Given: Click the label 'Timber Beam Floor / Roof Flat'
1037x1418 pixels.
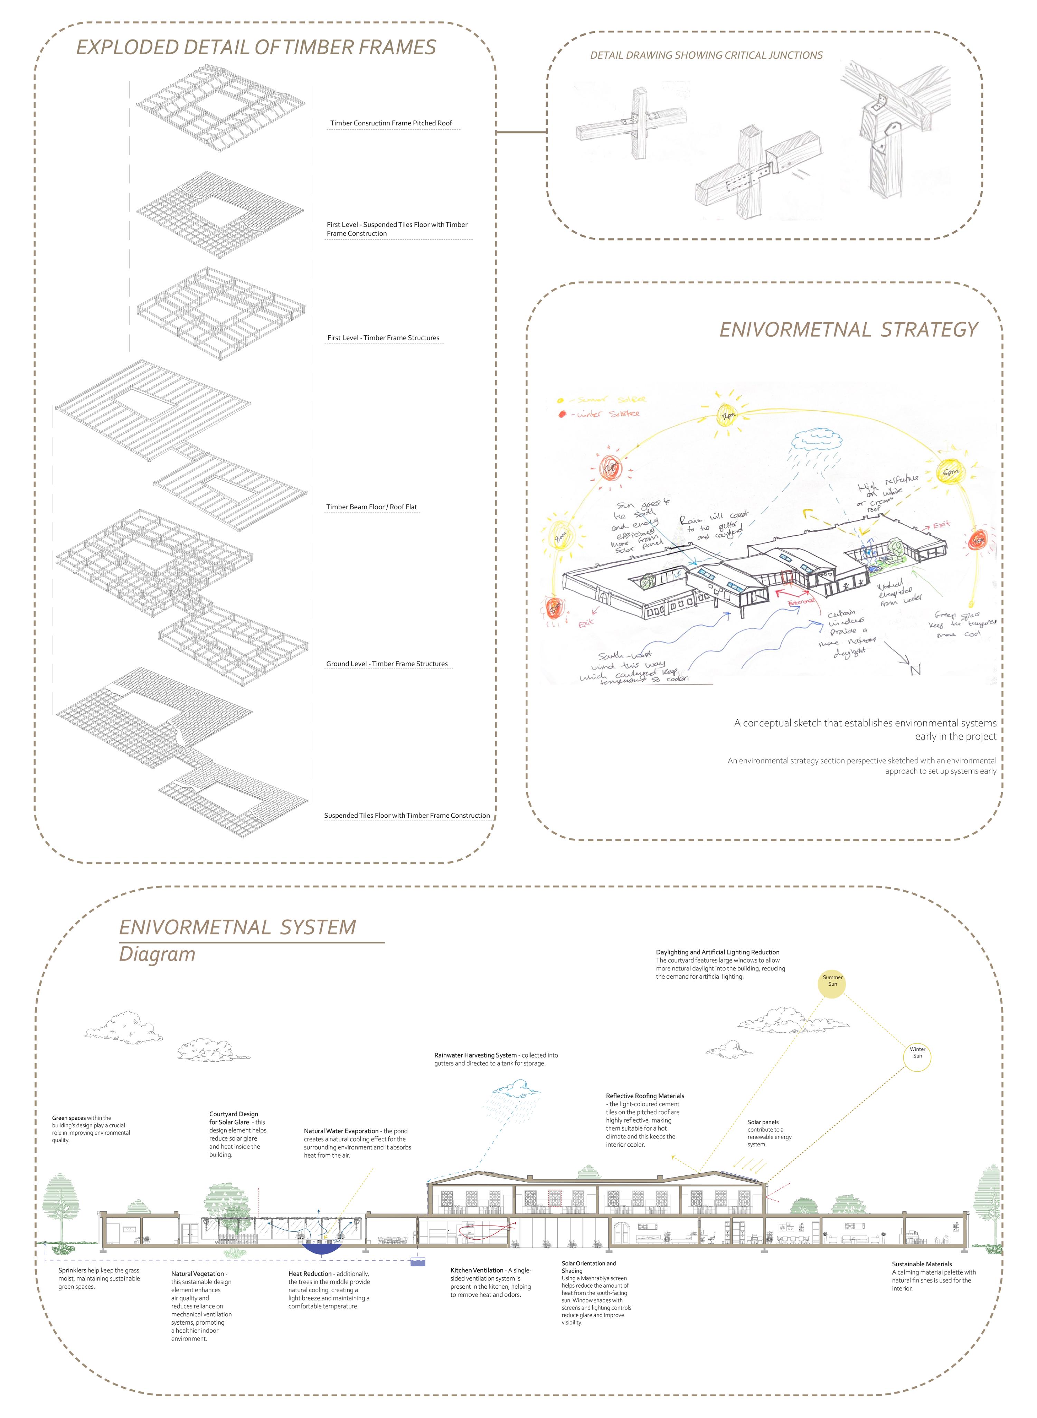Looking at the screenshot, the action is [371, 507].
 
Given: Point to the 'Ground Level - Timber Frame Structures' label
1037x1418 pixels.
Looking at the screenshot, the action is [387, 664].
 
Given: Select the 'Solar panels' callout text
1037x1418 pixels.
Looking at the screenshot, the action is [763, 1122].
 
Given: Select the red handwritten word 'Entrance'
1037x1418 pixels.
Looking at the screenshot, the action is [800, 601].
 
